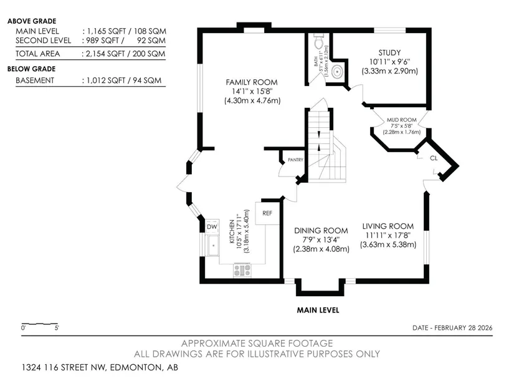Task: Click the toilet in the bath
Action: click(x=318, y=41)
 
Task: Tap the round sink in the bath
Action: click(x=337, y=71)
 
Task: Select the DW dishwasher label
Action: click(x=212, y=226)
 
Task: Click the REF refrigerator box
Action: click(x=267, y=213)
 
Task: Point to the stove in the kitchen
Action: click(x=242, y=270)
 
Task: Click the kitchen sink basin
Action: click(x=214, y=245)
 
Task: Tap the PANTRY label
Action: click(x=295, y=160)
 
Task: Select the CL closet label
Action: click(x=434, y=158)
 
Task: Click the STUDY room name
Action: click(x=389, y=52)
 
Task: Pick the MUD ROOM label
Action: click(x=402, y=120)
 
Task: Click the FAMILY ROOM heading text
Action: click(x=252, y=82)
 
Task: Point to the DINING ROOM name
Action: click(x=321, y=231)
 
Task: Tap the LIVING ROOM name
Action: click(x=388, y=226)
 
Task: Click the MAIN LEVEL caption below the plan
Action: click(x=318, y=310)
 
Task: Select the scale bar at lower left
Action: click(x=40, y=324)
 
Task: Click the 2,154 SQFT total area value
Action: click(x=106, y=54)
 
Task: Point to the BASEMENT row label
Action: click(x=35, y=80)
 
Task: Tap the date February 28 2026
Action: click(x=463, y=327)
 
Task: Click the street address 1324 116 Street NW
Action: click(x=64, y=367)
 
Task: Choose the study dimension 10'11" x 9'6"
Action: click(x=390, y=62)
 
